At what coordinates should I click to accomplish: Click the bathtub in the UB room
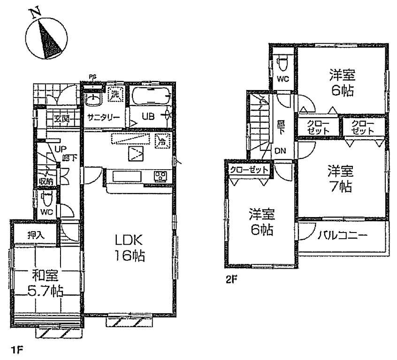pos(150,97)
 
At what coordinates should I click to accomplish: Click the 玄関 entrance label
pos(61,119)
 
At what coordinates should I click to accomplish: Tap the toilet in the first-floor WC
pos(46,199)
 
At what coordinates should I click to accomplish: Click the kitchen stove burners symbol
pos(161,177)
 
